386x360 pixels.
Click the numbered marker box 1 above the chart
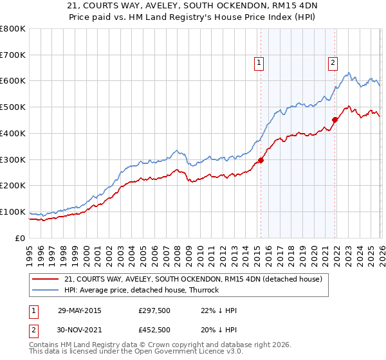(259, 63)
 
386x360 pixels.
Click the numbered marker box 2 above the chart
(333, 63)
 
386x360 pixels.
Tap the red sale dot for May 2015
(261, 160)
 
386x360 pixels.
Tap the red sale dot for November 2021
(335, 120)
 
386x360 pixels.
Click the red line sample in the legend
(47, 279)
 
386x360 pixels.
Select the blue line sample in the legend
(47, 290)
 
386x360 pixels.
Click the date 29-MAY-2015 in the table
(79, 310)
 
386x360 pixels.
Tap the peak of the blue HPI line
(348, 73)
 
